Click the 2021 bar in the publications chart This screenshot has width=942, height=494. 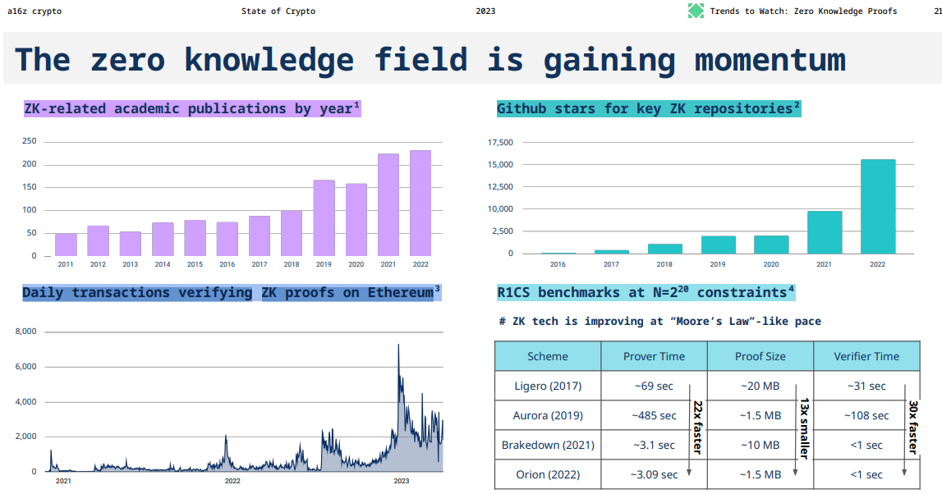click(x=388, y=205)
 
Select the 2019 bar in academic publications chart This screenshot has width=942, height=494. click(x=324, y=218)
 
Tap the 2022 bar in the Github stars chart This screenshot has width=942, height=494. click(x=877, y=207)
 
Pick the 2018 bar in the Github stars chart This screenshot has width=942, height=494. click(x=664, y=249)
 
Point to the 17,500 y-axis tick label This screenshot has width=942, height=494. click(x=500, y=143)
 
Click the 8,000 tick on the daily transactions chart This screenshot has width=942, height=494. click(x=26, y=332)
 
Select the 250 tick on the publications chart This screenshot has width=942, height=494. click(x=30, y=141)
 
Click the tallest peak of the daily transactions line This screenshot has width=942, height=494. click(x=398, y=345)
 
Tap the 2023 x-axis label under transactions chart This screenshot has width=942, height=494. click(x=402, y=481)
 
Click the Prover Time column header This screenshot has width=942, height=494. click(x=654, y=356)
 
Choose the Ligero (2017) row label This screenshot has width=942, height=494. click(x=547, y=386)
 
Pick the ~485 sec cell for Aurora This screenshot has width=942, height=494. click(x=654, y=415)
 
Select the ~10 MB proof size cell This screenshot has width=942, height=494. click(x=760, y=445)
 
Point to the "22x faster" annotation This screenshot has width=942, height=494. click(x=697, y=427)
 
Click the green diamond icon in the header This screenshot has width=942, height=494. click(x=696, y=11)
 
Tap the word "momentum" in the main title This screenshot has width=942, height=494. click(x=770, y=60)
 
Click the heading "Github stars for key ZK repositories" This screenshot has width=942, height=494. click(x=648, y=108)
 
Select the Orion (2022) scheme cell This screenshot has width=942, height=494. click(x=547, y=474)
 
